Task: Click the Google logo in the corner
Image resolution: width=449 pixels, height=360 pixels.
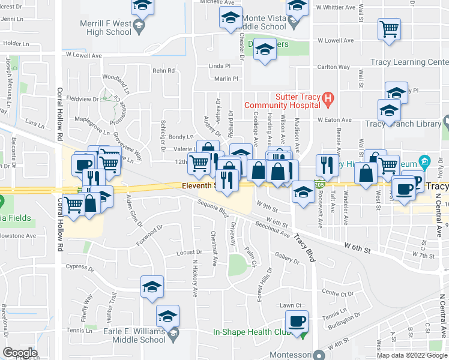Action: pos(20,353)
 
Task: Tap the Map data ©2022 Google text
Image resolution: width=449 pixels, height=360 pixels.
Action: pos(411,355)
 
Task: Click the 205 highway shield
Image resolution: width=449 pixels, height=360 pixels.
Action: pos(320,186)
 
